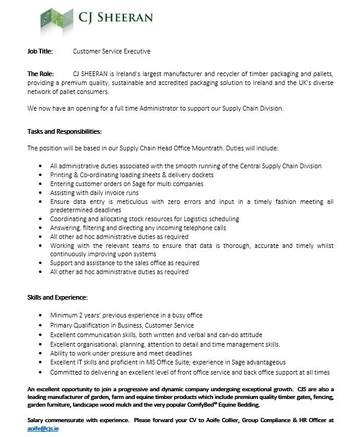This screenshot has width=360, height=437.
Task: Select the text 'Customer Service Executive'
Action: [112, 51]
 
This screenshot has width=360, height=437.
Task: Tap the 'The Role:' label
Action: [41, 73]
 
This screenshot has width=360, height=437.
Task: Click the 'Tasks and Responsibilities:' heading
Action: [64, 130]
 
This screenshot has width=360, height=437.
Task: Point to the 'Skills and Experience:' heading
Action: [58, 296]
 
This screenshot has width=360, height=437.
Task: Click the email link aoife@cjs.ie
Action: [43, 427]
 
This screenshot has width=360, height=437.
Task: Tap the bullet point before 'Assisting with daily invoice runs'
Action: [40, 193]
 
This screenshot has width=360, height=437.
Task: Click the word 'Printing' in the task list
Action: [63, 175]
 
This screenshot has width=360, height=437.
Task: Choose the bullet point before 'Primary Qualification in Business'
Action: [40, 325]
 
